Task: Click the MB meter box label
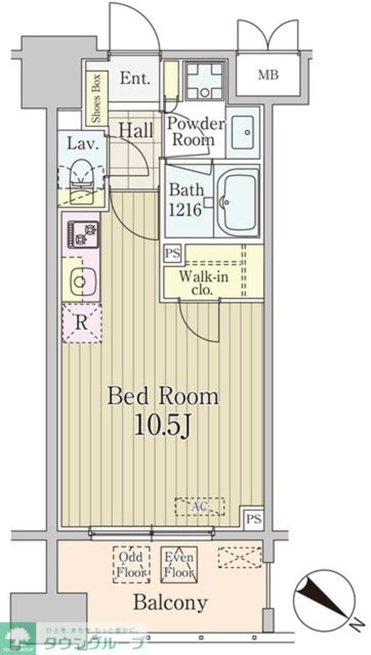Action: [x=268, y=75]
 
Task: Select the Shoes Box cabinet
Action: [x=96, y=99]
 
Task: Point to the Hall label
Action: [x=136, y=130]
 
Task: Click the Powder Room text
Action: [x=196, y=131]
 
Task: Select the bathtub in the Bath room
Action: [x=239, y=200]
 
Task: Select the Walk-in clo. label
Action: [x=203, y=283]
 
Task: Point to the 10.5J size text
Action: [x=163, y=426]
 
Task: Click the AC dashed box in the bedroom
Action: [x=200, y=506]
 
